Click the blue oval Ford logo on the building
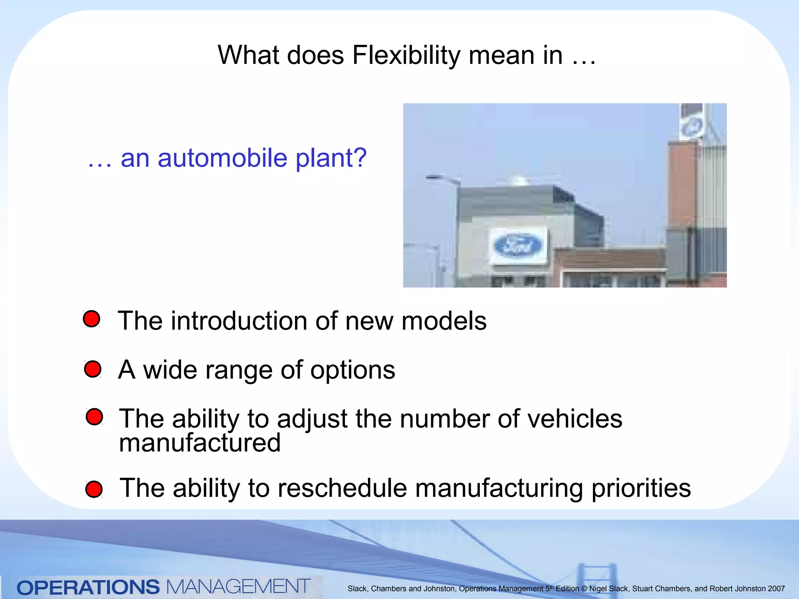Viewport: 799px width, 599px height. [518, 246]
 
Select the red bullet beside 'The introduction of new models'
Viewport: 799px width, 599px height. [92, 319]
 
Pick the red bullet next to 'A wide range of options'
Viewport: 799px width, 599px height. [93, 369]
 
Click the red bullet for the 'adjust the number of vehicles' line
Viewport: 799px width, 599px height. [94, 416]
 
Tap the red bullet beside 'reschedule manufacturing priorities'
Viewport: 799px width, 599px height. [94, 489]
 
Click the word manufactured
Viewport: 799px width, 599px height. [200, 443]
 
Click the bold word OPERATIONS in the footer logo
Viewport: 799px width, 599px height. [88, 587]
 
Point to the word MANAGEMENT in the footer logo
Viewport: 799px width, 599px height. [238, 587]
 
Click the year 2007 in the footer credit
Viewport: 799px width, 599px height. [776, 589]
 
